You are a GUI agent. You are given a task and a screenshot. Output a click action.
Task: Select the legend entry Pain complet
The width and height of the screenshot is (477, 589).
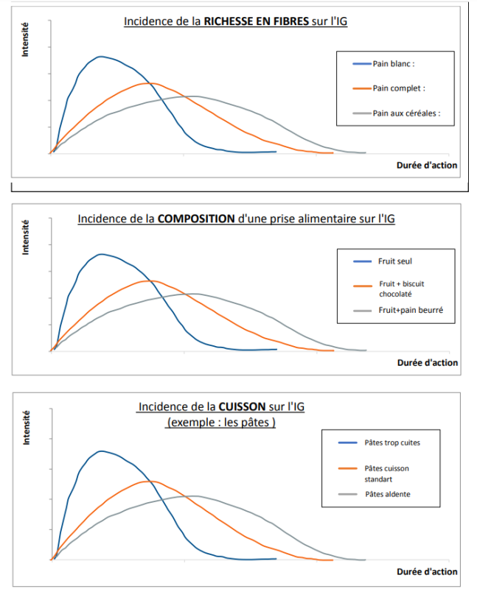point(399,88)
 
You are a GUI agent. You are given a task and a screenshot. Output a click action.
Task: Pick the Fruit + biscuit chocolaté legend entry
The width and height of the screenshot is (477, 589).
point(402,289)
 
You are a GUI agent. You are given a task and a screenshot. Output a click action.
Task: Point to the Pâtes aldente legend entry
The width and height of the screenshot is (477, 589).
point(388,494)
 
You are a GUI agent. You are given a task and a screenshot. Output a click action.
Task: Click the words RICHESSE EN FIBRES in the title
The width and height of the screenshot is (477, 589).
point(257,21)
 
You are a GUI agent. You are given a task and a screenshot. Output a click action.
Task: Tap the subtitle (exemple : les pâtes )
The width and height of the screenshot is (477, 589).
point(222,423)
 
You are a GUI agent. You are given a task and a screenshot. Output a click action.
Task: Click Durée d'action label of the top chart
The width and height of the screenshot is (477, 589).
point(427,165)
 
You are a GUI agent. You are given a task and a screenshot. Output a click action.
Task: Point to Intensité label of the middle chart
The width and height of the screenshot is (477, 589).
point(25,238)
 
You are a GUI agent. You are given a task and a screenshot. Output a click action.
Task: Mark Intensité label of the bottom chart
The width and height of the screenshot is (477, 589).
point(25,428)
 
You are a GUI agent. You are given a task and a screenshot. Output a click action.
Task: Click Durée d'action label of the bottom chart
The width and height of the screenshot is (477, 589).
point(427,571)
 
